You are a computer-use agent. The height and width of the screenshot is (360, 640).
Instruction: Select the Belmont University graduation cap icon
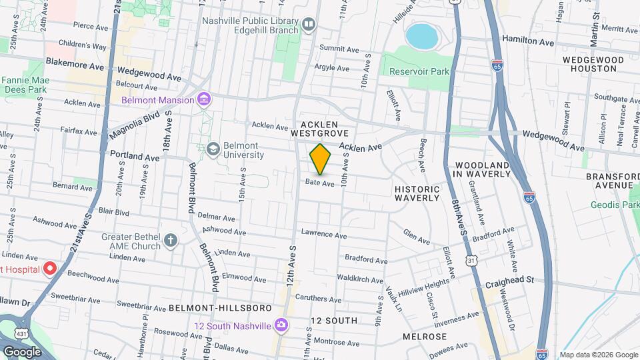[x=213, y=148]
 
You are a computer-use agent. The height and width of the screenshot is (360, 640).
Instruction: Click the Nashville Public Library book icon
[x=308, y=25]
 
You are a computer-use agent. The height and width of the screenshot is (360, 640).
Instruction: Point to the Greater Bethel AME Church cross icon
[x=171, y=240]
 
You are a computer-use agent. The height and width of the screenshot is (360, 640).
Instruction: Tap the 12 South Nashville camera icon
[x=281, y=325]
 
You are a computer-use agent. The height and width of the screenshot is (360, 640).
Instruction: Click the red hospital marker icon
[x=49, y=269]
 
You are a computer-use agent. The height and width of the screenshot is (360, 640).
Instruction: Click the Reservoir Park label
[x=419, y=71]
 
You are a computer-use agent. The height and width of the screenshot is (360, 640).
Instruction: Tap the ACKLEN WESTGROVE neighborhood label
[x=320, y=129]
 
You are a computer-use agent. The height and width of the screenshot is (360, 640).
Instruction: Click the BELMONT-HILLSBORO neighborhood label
[x=220, y=308]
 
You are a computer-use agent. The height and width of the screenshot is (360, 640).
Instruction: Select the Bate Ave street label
[x=319, y=183]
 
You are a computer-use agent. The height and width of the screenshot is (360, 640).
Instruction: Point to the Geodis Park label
[x=614, y=205]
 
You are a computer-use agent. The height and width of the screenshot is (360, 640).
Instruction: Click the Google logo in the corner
[x=22, y=351]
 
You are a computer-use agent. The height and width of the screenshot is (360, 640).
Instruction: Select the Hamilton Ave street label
[x=528, y=41]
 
